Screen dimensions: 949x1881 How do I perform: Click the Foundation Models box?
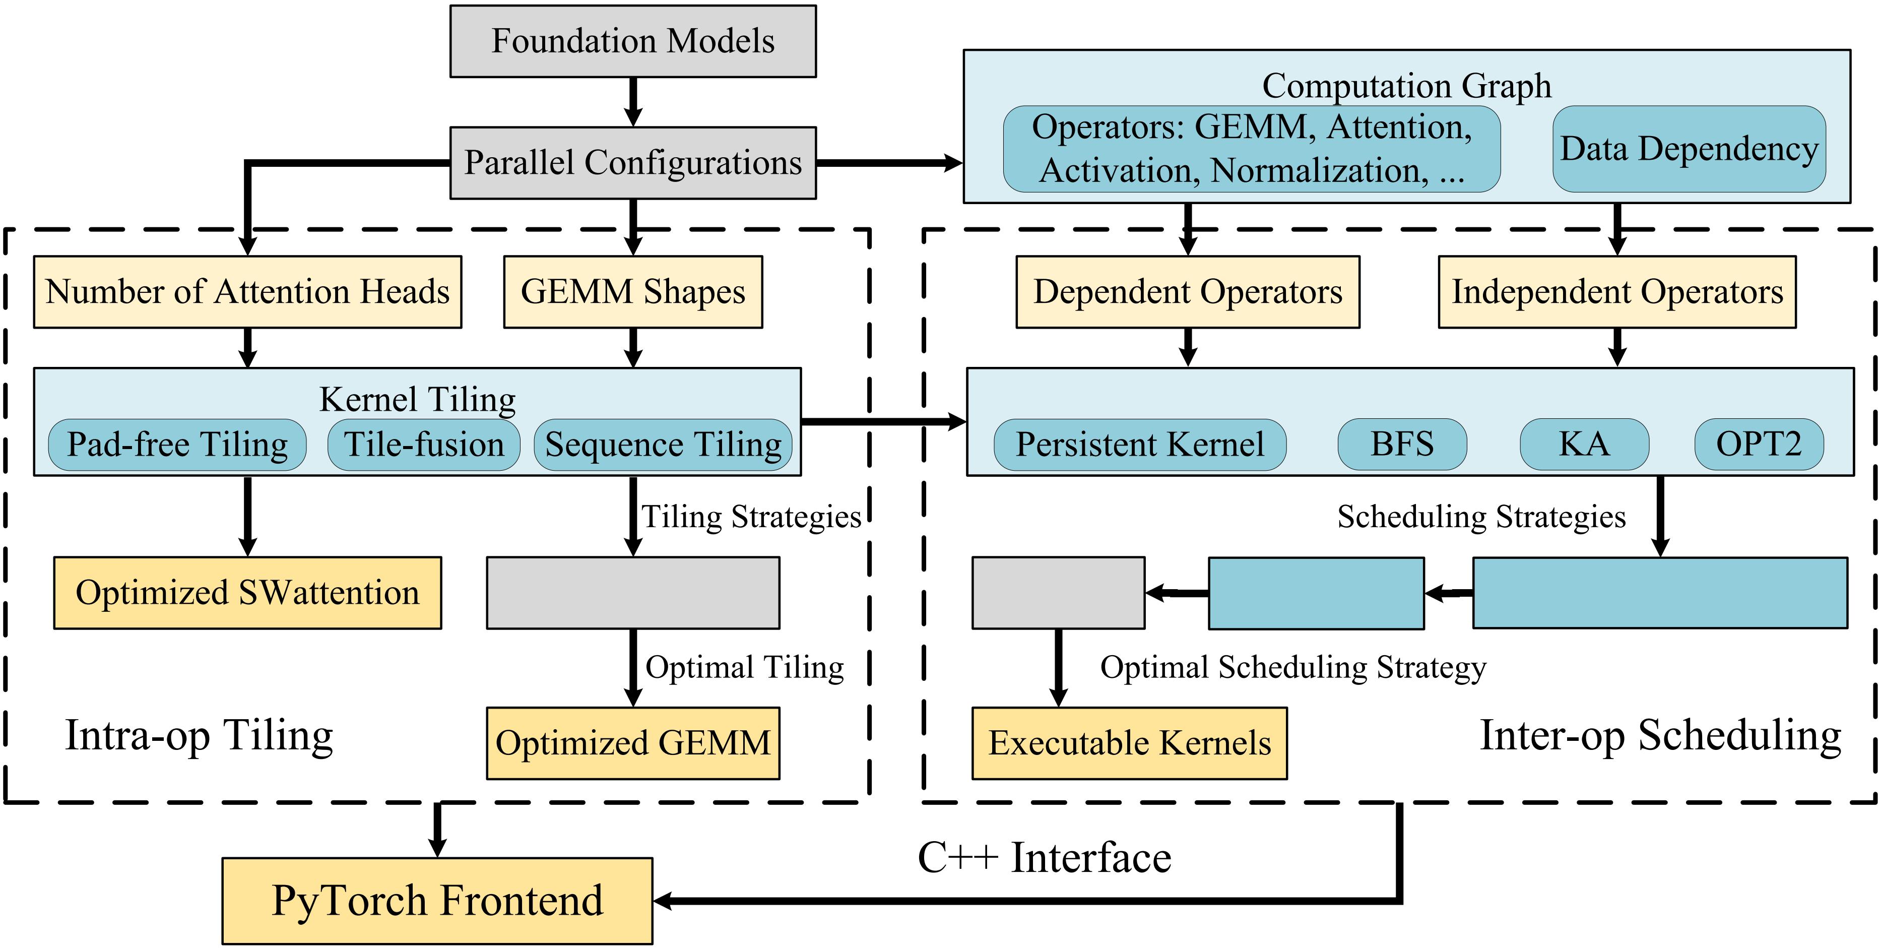(x=632, y=41)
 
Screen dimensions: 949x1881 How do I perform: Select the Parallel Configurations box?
(x=632, y=163)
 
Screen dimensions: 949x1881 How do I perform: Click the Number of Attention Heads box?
(x=247, y=291)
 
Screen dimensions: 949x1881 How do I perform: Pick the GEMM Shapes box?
(x=632, y=291)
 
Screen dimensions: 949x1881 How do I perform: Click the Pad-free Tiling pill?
(x=177, y=444)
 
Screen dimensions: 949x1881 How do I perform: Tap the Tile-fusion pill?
(x=424, y=444)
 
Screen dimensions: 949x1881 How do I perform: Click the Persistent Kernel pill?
(x=1139, y=444)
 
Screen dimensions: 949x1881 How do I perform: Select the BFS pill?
(x=1401, y=444)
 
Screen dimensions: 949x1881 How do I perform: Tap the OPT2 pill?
(x=1759, y=444)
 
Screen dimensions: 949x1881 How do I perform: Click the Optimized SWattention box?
(x=247, y=593)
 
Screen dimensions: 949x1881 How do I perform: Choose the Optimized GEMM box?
(x=632, y=743)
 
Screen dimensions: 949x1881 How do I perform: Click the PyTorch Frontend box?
(x=437, y=901)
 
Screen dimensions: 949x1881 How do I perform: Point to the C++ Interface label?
(x=1044, y=858)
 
